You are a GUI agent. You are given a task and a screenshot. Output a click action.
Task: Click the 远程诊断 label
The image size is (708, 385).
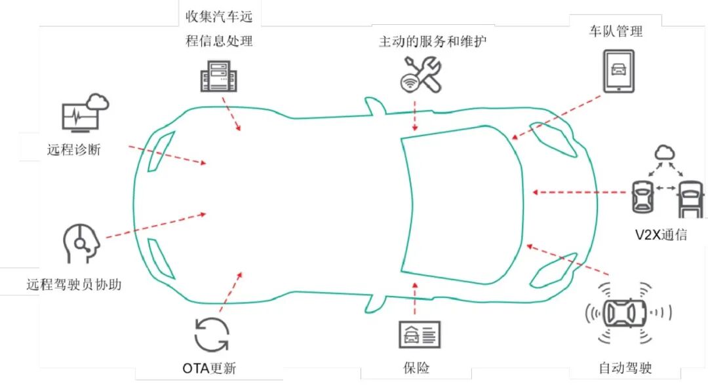coord(73,149)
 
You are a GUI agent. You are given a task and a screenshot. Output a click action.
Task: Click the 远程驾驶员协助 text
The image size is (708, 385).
coord(73,285)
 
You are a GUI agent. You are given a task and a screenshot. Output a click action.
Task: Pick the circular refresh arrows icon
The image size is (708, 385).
coord(212,335)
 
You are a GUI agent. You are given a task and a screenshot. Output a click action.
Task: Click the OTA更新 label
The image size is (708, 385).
coord(208,368)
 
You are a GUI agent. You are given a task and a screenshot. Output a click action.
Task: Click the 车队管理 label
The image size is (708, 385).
coord(616,31)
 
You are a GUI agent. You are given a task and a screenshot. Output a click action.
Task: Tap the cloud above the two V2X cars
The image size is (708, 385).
coord(665,153)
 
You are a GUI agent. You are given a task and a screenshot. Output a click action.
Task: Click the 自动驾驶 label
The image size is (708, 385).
coord(625,368)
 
